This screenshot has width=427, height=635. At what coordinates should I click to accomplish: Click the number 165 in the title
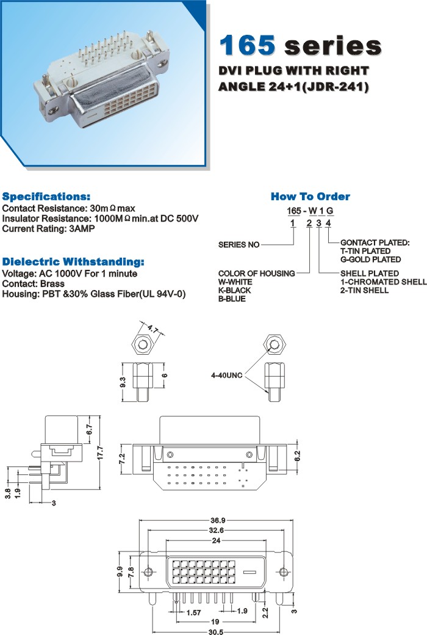tap(248, 46)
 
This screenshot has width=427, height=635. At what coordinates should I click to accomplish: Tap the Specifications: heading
tap(46, 197)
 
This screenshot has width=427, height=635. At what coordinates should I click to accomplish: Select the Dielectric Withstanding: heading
tap(73, 262)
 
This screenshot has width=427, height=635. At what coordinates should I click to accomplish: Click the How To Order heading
tap(310, 197)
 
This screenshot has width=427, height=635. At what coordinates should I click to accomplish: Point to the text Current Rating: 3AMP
tap(48, 229)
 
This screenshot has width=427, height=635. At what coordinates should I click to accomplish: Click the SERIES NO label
tap(239, 245)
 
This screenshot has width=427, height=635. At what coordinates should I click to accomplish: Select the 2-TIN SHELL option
tap(364, 290)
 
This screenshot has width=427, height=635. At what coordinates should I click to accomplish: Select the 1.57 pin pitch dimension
tap(193, 611)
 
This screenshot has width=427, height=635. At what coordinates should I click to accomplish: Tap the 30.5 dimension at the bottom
tap(217, 632)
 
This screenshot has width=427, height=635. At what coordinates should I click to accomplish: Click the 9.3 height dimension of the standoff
tap(123, 383)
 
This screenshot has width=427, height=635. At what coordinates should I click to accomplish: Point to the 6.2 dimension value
tap(297, 455)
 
